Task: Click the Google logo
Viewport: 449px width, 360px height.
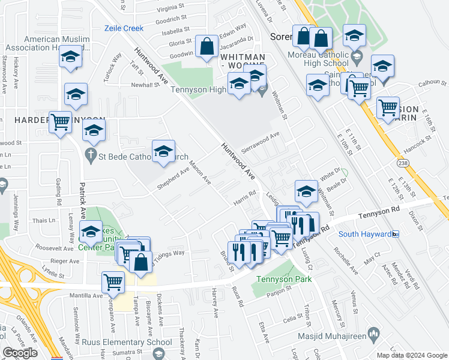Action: (20, 353)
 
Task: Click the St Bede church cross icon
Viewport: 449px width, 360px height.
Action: (91, 156)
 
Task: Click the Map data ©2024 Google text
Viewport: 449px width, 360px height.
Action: (411, 355)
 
